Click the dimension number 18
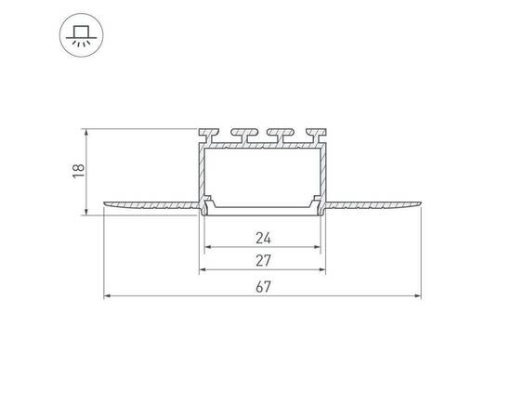click(x=79, y=171)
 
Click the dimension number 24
click(x=263, y=238)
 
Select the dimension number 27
click(x=263, y=261)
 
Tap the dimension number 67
click(x=263, y=287)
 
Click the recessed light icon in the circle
click(x=81, y=35)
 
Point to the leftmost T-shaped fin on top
click(x=208, y=136)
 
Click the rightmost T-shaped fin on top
click(x=317, y=136)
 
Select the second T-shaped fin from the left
click(x=244, y=136)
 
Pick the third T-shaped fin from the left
click(x=281, y=136)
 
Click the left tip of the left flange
click(x=104, y=203)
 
